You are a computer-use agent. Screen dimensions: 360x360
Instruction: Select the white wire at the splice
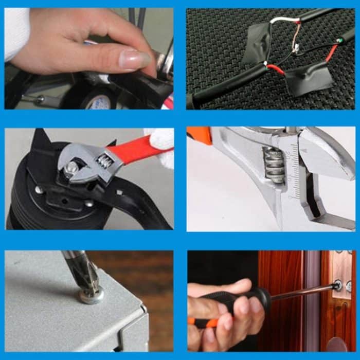pos(281,21)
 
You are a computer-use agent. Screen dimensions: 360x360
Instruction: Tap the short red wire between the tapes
pos(275,69)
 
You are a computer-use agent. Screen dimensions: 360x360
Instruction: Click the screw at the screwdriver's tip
pos(337,284)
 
